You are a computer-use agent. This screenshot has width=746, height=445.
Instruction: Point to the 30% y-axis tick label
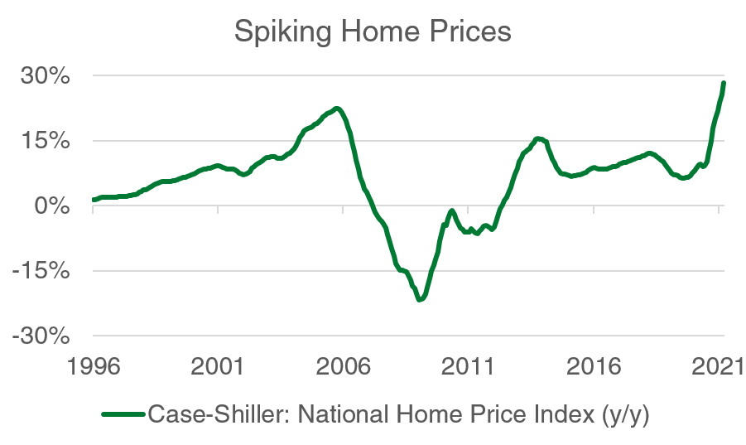pyautogui.click(x=46, y=76)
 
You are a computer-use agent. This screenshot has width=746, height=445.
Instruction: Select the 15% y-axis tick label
pyautogui.click(x=46, y=141)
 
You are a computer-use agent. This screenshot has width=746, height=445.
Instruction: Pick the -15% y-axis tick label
pyautogui.click(x=41, y=271)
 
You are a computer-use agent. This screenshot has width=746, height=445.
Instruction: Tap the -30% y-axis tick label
pyautogui.click(x=41, y=336)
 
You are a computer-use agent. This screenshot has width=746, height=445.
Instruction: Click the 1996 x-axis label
pyautogui.click(x=93, y=365)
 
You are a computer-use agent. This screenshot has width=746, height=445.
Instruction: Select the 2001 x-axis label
pyautogui.click(x=218, y=365)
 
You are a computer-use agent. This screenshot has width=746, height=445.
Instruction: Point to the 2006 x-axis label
pyautogui.click(x=343, y=365)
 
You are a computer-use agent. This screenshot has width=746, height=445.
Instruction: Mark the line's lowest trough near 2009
pyautogui.click(x=420, y=299)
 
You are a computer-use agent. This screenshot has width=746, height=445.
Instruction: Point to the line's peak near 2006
pyautogui.click(x=335, y=109)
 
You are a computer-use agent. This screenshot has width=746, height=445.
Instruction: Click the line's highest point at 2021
pyautogui.click(x=724, y=83)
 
